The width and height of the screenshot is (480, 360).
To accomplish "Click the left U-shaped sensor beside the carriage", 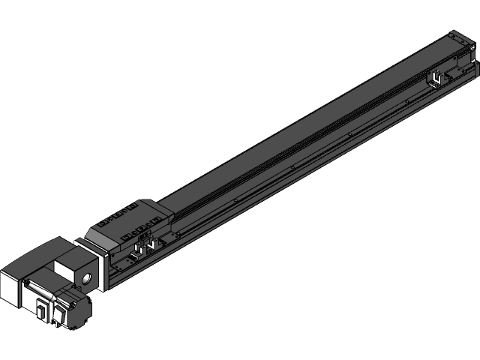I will pos(138,248).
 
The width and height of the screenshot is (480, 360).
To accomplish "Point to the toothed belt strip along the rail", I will pos(300,147).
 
